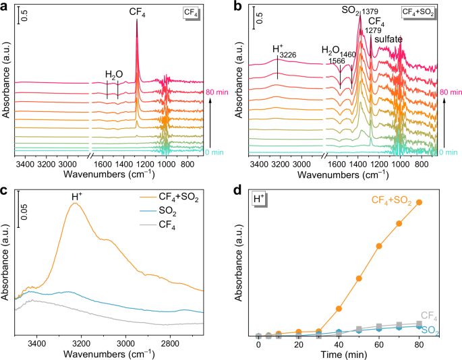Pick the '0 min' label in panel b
[x=449, y=152]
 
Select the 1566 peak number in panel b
[x=337, y=61]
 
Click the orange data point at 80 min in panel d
[x=419, y=202]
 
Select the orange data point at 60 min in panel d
[x=378, y=246]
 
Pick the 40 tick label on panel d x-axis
[x=339, y=344]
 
